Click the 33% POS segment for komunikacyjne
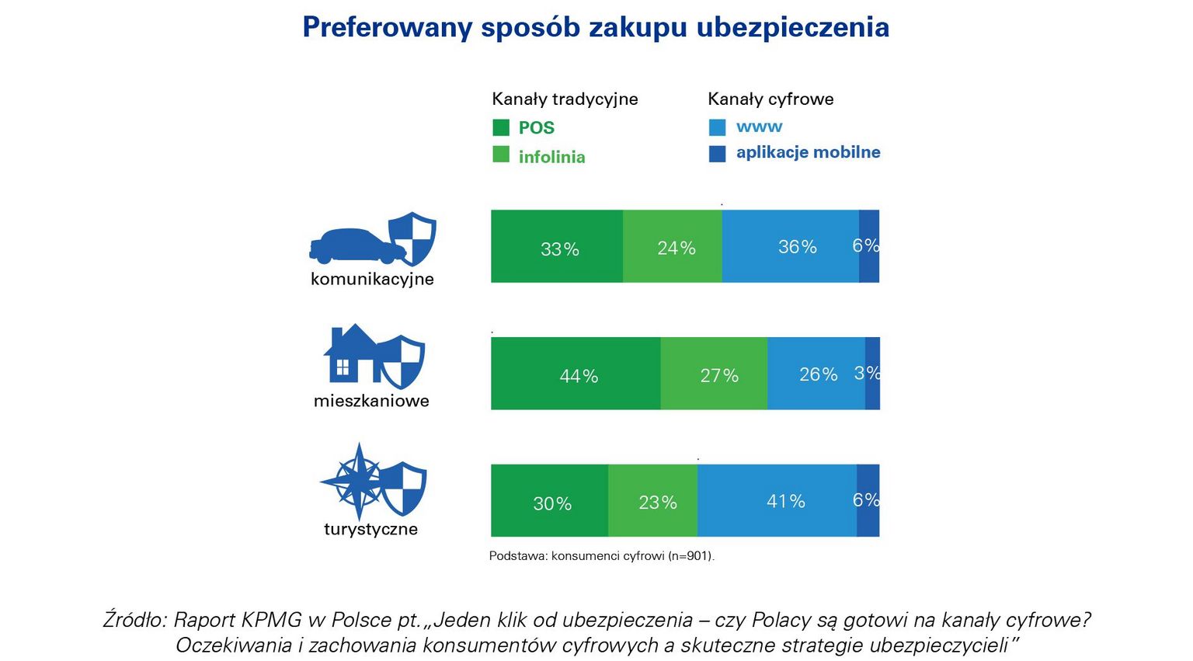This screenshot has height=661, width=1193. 557,246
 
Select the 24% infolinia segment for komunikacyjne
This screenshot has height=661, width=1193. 673,246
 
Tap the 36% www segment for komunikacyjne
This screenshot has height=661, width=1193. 791,246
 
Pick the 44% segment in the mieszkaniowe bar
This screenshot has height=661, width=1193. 576,374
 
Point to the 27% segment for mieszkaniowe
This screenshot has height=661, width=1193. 715,374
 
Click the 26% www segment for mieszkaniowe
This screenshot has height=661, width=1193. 816,374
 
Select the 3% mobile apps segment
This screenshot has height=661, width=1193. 872,374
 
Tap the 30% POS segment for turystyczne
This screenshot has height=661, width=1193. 550,501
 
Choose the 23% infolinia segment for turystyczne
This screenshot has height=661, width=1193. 653,501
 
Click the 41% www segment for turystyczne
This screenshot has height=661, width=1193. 777,501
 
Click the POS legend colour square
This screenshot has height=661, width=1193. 501,127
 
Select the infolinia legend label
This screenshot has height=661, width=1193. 551,157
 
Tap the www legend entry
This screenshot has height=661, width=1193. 759,127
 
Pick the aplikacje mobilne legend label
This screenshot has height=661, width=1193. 808,152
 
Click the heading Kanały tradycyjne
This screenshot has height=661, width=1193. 565,99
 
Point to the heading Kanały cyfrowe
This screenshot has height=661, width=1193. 770,99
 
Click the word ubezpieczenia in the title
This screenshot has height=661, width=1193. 792,27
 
